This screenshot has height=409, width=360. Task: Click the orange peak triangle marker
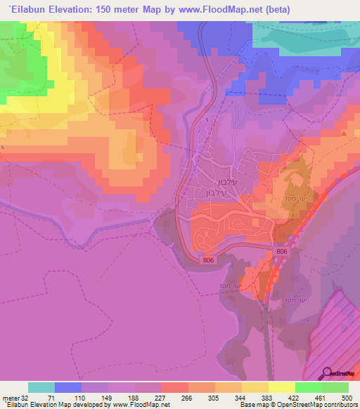pos(344,132)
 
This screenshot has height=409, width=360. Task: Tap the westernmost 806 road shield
pos(208,260)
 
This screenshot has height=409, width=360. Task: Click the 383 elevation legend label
pos(268,397)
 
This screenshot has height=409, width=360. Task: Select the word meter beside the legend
pos(10,397)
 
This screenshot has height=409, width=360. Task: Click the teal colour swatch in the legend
pos(41,387)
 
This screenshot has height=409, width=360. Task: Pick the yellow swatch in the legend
pos(282,387)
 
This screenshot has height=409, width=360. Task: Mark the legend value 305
pos(214,397)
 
